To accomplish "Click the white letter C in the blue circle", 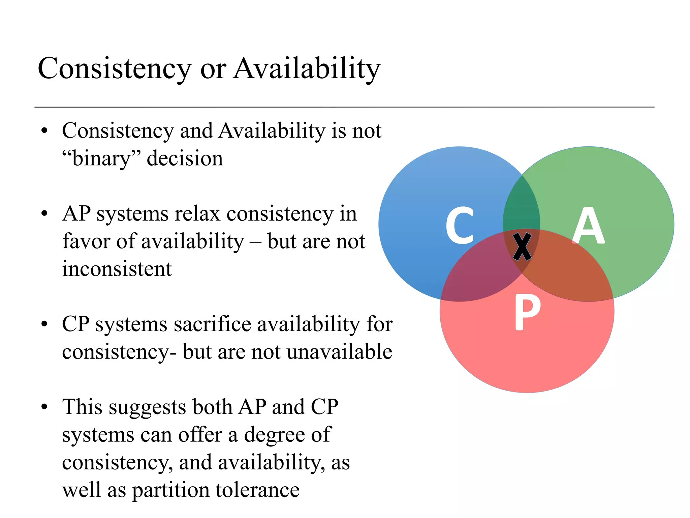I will (x=460, y=225).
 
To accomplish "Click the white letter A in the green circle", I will (x=588, y=225).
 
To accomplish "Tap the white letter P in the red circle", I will (x=527, y=312).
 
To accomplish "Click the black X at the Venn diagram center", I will (x=522, y=247).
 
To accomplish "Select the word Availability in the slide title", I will (x=307, y=68).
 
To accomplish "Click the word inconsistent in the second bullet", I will (x=117, y=269).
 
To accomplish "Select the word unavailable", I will (x=340, y=352).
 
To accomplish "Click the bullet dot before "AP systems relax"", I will (x=44, y=214).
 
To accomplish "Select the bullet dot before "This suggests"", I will (x=44, y=407).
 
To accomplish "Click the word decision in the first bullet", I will (x=185, y=159).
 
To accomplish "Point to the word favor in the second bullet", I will (x=87, y=241).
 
